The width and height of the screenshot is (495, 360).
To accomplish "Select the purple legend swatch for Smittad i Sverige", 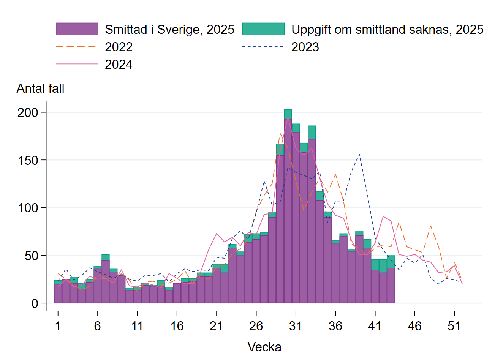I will tap(77, 29).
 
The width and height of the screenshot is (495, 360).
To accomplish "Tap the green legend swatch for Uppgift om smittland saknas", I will tap(263, 29).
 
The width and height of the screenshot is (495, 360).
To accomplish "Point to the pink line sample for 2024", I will tap(77, 64).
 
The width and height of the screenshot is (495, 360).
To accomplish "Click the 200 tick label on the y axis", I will tap(28, 112).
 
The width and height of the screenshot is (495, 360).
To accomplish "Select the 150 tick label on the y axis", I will tap(28, 160).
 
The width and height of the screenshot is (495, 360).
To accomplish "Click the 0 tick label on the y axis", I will tap(35, 303).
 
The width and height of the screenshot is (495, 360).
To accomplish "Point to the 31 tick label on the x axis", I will tap(296, 326).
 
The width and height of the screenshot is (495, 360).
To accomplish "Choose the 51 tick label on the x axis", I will tap(454, 326).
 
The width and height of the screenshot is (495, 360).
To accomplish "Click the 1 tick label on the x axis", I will tap(58, 326).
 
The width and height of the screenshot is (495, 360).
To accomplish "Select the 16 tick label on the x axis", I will tap(177, 326).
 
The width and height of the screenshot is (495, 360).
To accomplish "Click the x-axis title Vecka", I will tap(264, 347).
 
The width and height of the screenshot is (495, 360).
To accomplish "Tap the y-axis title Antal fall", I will tap(40, 88).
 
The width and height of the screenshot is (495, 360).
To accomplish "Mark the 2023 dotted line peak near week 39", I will tap(359, 155).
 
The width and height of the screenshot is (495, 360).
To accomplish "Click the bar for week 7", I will tap(106, 281).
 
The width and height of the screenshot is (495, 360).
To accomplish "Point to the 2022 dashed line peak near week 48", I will tap(430, 226).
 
